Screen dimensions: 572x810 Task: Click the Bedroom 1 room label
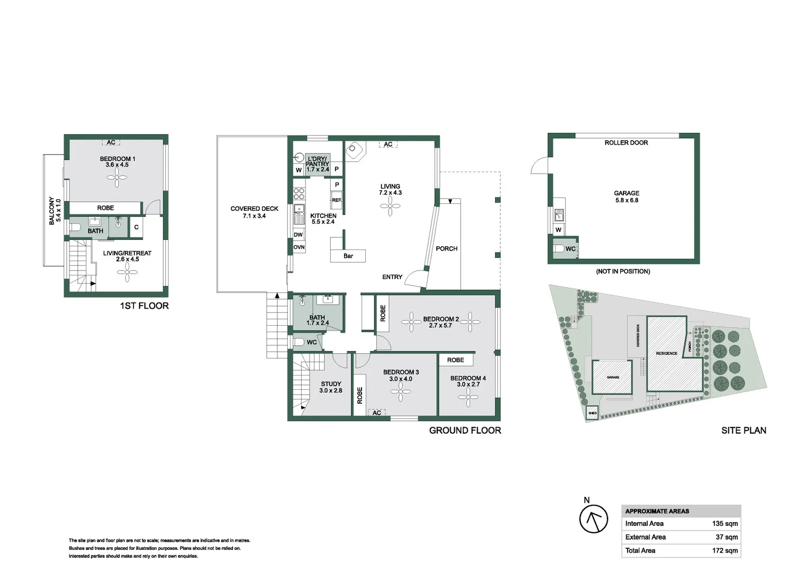coord(117,159)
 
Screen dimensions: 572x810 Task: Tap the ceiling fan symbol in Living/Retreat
coord(127,274)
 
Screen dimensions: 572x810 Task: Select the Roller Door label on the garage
coord(626,142)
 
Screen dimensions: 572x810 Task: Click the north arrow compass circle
coord(593,520)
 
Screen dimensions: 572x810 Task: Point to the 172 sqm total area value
coord(725,550)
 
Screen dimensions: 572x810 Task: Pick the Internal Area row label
coord(644,523)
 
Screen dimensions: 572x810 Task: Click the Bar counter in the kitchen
coord(348,256)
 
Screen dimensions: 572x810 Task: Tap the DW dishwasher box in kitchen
coord(298,235)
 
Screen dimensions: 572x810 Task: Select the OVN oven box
coord(299,247)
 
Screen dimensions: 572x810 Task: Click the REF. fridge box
coord(337,200)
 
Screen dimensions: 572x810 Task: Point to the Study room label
coord(331,384)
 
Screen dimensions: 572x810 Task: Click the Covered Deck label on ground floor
coord(254,209)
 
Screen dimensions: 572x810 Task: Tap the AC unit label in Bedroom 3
coord(376,413)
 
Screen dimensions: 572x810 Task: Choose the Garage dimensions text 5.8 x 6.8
coord(627,200)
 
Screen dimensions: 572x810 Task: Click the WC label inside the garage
coord(570,249)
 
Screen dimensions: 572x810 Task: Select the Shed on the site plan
coord(592,413)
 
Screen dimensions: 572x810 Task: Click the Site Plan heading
coord(743,431)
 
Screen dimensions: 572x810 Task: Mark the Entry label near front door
coord(392,277)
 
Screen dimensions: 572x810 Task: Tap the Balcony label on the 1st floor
coord(51,210)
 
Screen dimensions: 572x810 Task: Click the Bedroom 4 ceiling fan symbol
coord(468,397)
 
